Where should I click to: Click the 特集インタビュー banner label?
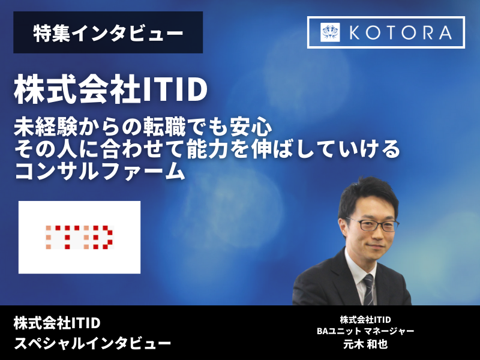click(x=108, y=33)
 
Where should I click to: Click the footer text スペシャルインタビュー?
click(x=92, y=344)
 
